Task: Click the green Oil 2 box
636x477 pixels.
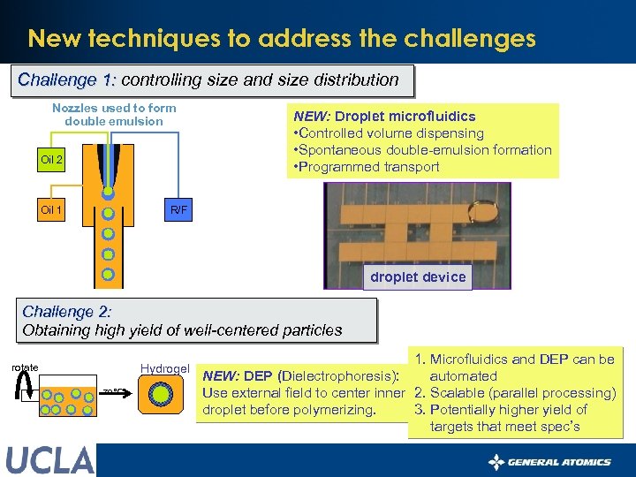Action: click(52, 160)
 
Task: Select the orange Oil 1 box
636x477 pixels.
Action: click(52, 210)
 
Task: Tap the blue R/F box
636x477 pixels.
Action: click(178, 210)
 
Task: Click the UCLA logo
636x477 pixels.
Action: click(49, 460)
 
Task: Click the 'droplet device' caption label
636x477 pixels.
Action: click(418, 277)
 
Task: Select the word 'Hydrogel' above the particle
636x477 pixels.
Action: click(164, 368)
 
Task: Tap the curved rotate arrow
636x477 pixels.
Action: click(26, 388)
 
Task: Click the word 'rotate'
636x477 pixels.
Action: click(25, 367)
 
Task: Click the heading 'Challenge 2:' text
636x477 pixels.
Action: click(67, 312)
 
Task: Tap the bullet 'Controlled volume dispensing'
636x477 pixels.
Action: click(389, 133)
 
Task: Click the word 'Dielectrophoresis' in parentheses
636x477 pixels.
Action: click(339, 376)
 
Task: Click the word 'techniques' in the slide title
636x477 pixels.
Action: click(152, 39)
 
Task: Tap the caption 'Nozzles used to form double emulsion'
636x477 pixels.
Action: click(114, 115)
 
